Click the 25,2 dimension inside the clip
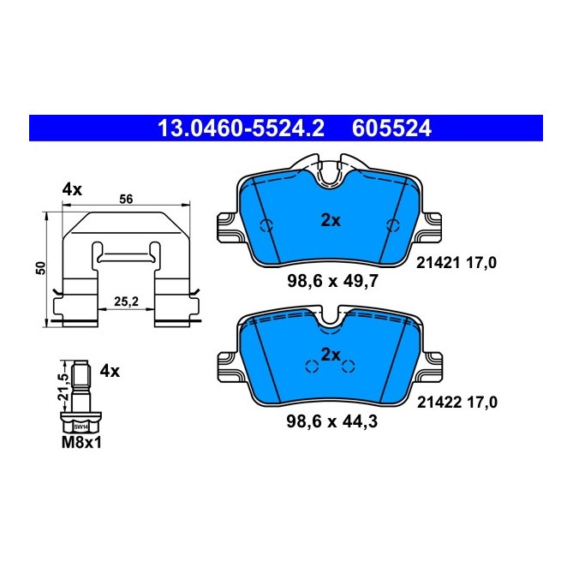coord(125,302)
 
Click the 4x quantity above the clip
coord(71,189)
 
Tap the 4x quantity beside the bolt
coord(110,371)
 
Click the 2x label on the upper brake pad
coord(331,220)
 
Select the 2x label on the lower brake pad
coord(331,354)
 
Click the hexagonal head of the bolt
coord(80,424)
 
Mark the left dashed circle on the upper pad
coord(266,227)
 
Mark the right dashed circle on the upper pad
coord(394,226)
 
